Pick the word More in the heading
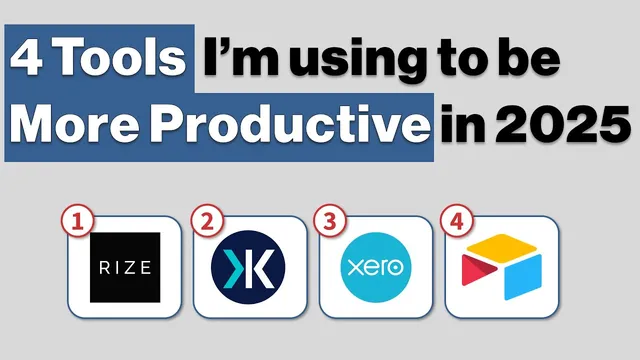pyautogui.click(x=80, y=125)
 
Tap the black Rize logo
pyautogui.click(x=125, y=267)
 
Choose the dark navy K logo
pyautogui.click(x=248, y=267)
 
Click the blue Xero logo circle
pyautogui.click(x=375, y=267)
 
